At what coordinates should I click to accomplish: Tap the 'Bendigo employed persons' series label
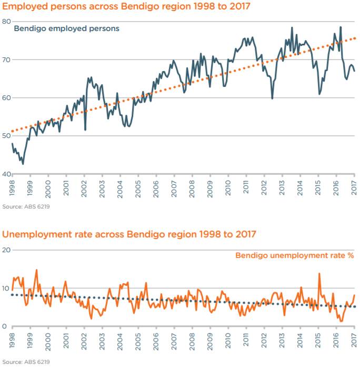tap(66, 28)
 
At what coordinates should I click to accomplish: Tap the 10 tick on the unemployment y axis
tap(6, 288)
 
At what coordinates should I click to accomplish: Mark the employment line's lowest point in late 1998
tap(23, 164)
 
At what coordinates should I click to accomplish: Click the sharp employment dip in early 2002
tap(85, 130)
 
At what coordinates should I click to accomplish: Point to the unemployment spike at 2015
tap(319, 274)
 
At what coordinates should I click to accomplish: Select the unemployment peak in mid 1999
tap(36, 270)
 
